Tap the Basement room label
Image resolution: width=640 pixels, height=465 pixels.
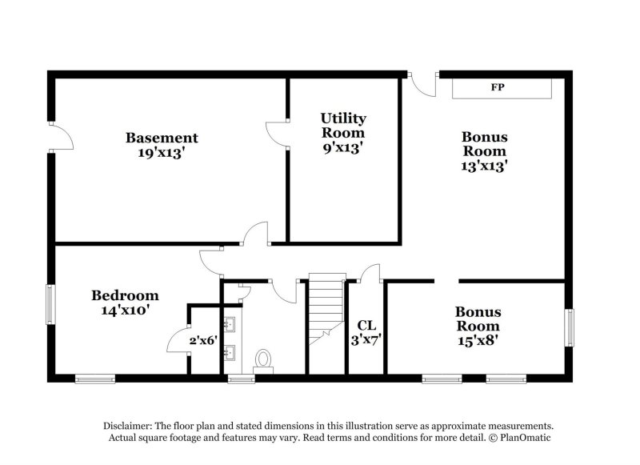tap(162, 138)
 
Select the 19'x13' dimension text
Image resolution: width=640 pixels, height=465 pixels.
tap(162, 153)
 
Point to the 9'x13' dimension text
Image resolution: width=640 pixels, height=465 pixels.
tap(343, 148)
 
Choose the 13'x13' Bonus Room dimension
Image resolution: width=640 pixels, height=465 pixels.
tap(484, 166)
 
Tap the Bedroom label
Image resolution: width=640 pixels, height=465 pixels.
tap(124, 295)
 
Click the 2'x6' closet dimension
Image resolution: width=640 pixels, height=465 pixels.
tap(203, 340)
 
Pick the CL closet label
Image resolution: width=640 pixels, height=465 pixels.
tap(366, 326)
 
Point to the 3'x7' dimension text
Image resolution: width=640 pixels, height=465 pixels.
tap(366, 340)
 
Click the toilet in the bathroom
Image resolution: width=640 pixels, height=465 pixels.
tap(262, 359)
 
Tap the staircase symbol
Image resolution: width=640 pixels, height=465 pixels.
tap(324, 308)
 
